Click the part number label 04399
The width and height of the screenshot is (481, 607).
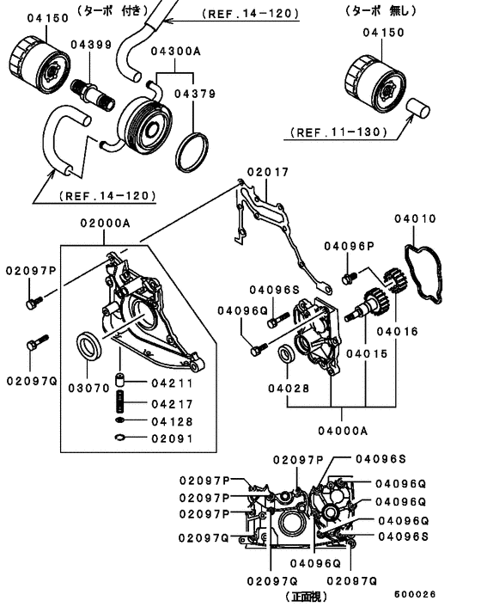pyautogui.click(x=91, y=45)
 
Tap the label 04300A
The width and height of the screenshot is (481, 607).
pyautogui.click(x=176, y=51)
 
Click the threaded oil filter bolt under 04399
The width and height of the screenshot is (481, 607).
pyautogui.click(x=93, y=94)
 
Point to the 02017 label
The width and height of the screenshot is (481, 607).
pyautogui.click(x=268, y=171)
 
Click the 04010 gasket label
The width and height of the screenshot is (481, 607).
pyautogui.click(x=415, y=218)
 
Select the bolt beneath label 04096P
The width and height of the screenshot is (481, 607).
pyautogui.click(x=349, y=278)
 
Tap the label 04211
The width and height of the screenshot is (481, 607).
pyautogui.click(x=172, y=383)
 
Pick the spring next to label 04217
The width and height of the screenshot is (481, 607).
pyautogui.click(x=120, y=402)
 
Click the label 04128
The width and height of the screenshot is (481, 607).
pyautogui.click(x=172, y=421)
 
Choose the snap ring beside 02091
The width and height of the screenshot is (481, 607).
pyautogui.click(x=120, y=438)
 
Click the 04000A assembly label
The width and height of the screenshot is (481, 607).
pyautogui.click(x=343, y=431)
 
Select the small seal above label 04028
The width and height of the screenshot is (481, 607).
pyautogui.click(x=287, y=354)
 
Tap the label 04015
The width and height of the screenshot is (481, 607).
pyautogui.click(x=367, y=353)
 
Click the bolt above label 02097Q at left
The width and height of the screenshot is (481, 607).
pyautogui.click(x=38, y=342)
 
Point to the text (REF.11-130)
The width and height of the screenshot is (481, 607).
pyautogui.click(x=339, y=132)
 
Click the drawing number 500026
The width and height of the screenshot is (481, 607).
pyautogui.click(x=415, y=594)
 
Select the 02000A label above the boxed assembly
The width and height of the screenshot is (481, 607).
pyautogui.click(x=106, y=223)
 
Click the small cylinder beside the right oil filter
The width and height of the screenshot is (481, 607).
pyautogui.click(x=418, y=108)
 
